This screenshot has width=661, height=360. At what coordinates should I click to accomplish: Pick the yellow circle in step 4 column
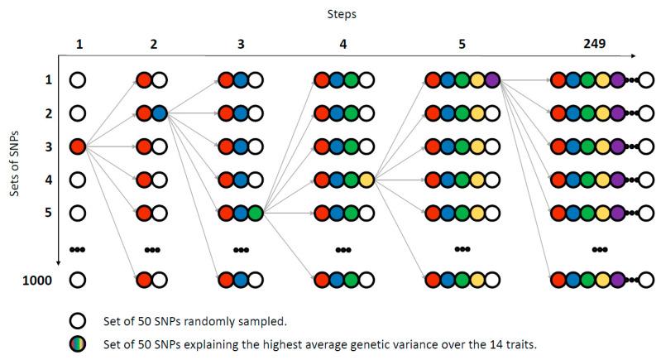point(366,180)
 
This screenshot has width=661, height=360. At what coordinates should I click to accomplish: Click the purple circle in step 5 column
point(494,80)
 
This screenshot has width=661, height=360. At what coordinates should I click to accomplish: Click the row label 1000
point(38,280)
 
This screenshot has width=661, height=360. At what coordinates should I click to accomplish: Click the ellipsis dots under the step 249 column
point(601,247)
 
